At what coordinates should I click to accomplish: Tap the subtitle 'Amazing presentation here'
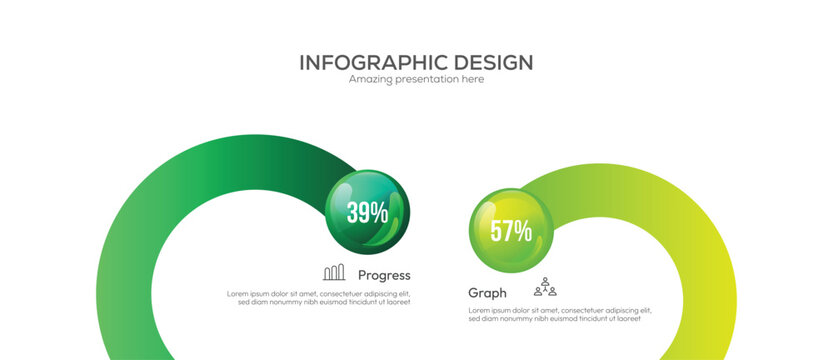(x=416, y=79)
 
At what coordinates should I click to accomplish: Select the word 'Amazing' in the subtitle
(x=368, y=79)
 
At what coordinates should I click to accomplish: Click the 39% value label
(x=367, y=211)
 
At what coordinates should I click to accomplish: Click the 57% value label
(x=510, y=231)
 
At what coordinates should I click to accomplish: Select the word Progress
(x=384, y=275)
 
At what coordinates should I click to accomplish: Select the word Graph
(x=487, y=293)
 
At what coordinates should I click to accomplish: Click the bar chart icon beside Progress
(x=334, y=272)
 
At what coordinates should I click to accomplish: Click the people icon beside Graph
(x=544, y=288)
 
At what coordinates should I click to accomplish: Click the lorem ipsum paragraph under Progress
(x=318, y=297)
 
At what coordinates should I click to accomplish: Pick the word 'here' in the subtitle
(x=470, y=79)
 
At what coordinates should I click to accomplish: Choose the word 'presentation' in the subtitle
(x=424, y=79)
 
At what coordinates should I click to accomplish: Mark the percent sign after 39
(x=379, y=211)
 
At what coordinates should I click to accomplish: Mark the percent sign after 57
(x=523, y=231)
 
